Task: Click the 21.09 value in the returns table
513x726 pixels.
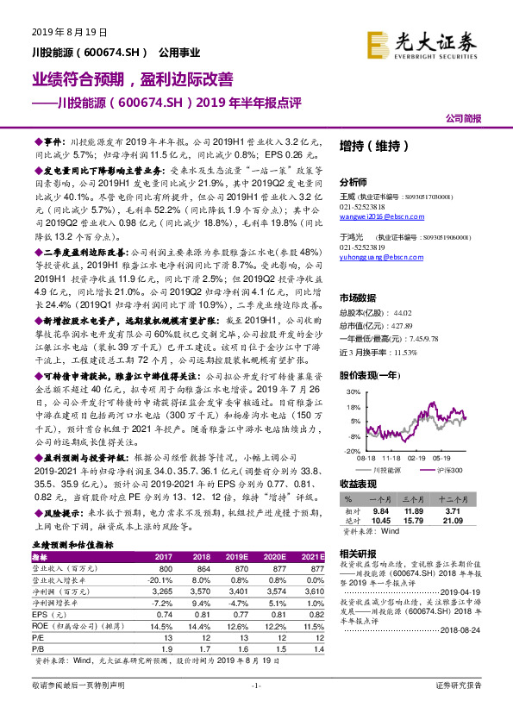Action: (x=464, y=520)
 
